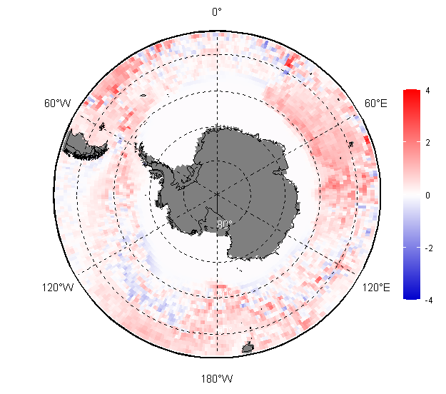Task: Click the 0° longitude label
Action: point(217,11)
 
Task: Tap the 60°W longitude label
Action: point(57,103)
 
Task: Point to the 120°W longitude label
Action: point(57,288)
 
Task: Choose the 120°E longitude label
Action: point(376,288)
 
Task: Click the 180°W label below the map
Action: point(217,378)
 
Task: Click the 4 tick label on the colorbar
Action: point(427,91)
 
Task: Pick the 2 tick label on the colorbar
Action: point(427,143)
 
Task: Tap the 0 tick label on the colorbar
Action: point(427,195)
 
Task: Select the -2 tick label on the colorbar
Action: point(428,248)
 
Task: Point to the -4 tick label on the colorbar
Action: point(428,300)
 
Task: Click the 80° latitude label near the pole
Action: point(225,224)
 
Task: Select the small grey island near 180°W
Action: point(248,348)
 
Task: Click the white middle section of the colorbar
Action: point(411,194)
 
